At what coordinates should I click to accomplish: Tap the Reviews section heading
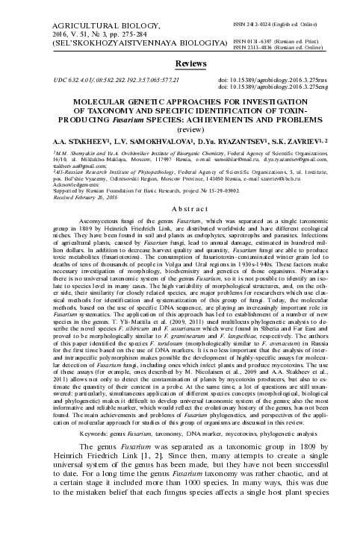(x=180, y=66)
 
